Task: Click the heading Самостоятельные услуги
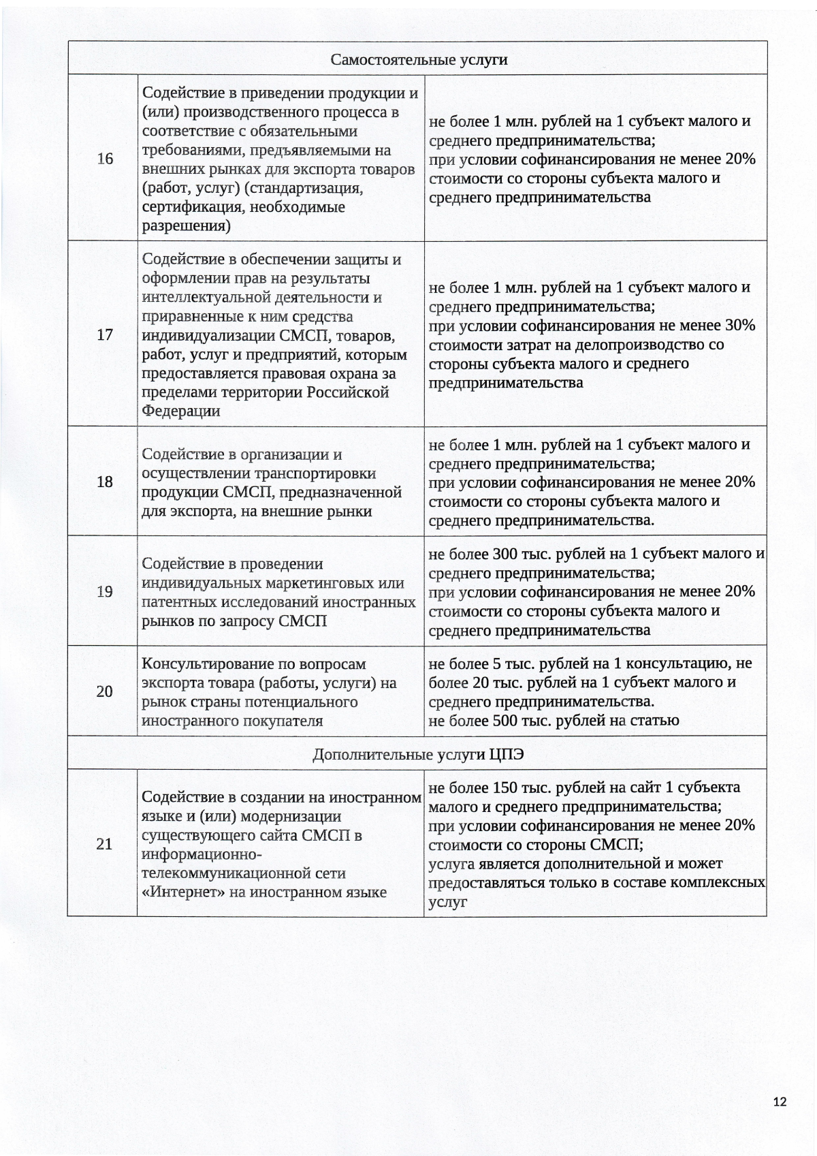coord(419,60)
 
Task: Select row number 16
coord(105,159)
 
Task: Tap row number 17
coord(105,335)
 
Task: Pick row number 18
coord(105,482)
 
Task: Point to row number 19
coord(105,591)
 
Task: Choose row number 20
coord(105,692)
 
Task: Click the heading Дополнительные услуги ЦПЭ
coord(418,755)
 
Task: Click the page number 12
coord(780,1102)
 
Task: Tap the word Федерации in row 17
coord(180,411)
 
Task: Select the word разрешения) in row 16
coord(186,226)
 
